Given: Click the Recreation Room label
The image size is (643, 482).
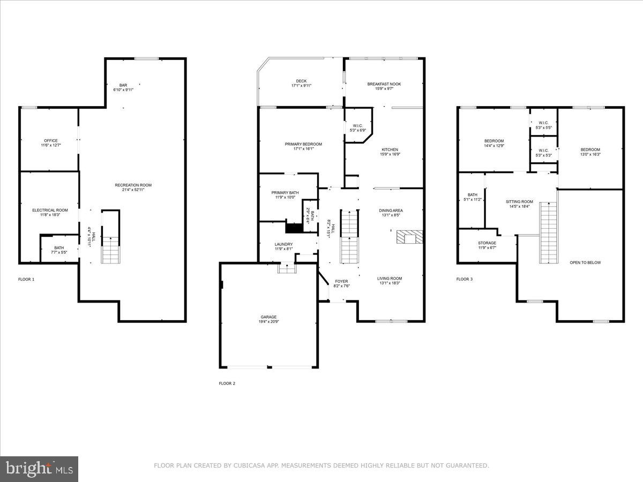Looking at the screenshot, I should click(133, 185).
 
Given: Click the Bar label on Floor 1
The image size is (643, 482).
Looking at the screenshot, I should click(123, 85).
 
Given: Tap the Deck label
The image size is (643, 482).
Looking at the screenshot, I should click(301, 81).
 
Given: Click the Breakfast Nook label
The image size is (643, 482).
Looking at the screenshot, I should click(384, 84).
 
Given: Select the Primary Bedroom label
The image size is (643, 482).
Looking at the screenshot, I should click(303, 144).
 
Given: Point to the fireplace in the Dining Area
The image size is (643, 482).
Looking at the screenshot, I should click(409, 237).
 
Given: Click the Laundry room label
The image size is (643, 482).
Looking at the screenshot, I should click(283, 244).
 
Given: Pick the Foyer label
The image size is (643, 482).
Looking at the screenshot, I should click(341, 281).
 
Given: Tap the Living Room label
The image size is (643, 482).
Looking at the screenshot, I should click(390, 278).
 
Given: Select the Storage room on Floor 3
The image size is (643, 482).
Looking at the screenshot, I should click(487, 245).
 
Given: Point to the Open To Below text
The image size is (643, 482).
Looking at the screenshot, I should click(585, 262).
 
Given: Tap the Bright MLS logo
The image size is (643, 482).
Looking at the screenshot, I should click(39, 469).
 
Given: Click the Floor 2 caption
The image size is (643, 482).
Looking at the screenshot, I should click(227, 383).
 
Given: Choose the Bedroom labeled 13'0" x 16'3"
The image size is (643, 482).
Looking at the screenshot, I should click(590, 149).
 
